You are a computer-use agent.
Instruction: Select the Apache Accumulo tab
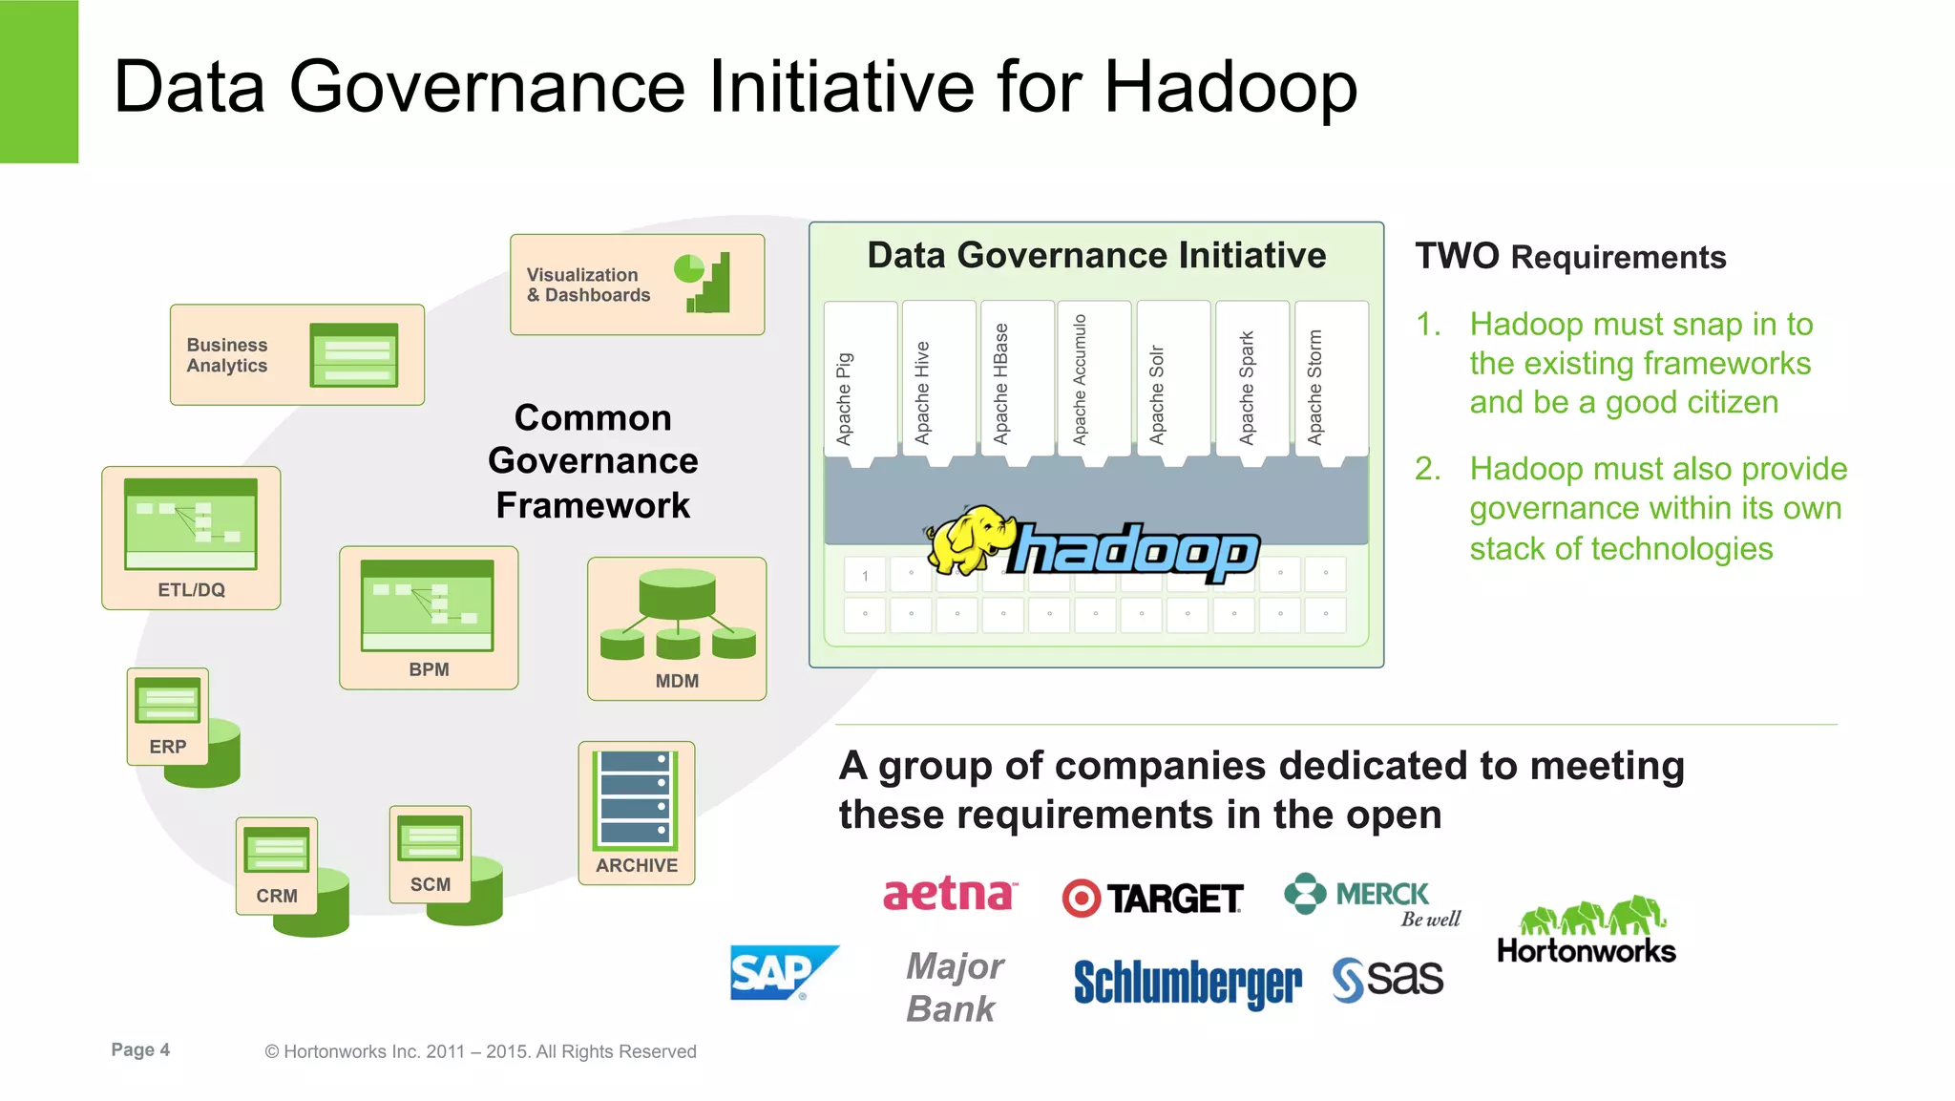tap(1094, 380)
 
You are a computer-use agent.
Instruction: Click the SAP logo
tap(781, 972)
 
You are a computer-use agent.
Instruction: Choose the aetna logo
tap(950, 895)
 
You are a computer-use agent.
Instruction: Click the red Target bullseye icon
tap(1082, 899)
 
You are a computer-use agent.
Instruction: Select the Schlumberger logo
tap(1188, 983)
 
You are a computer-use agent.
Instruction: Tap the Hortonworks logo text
tap(1587, 951)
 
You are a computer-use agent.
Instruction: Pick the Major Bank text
tap(954, 987)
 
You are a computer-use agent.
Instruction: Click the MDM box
tap(677, 628)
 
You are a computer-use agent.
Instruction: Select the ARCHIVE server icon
tap(636, 800)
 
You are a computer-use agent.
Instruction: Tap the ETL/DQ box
tap(191, 538)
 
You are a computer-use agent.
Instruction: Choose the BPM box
tap(429, 617)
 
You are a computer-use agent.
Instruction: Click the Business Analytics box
tap(297, 355)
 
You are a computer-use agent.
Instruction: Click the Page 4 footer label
tap(140, 1049)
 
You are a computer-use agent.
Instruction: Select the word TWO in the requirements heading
tap(1457, 256)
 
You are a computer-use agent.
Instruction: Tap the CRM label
tap(277, 896)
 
